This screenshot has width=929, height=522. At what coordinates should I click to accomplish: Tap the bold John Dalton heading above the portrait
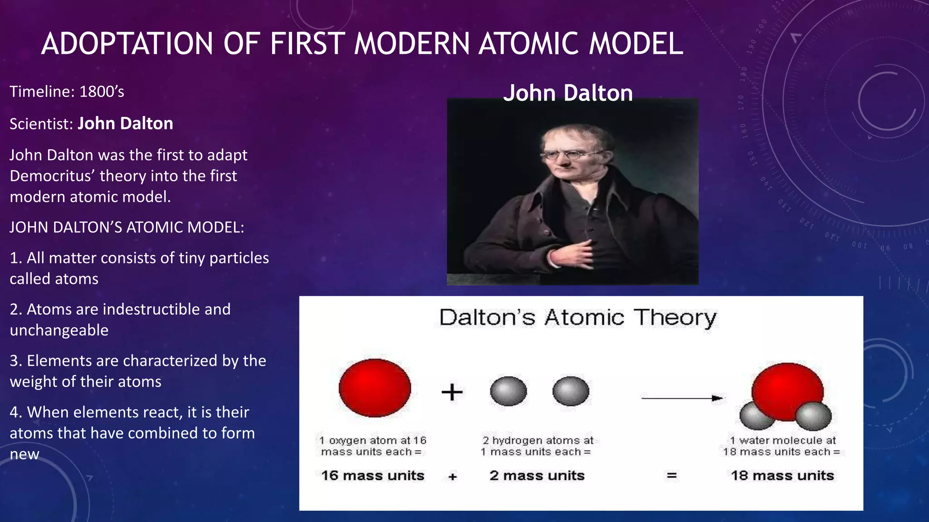(x=567, y=93)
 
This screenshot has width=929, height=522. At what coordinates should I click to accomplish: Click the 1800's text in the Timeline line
(x=102, y=92)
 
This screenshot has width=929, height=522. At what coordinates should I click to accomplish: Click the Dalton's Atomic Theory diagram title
(x=577, y=318)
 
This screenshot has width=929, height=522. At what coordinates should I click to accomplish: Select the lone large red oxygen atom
(x=375, y=388)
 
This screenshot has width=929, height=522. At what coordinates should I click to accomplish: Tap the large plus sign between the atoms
(x=452, y=392)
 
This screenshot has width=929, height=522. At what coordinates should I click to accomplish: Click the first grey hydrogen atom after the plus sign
(x=509, y=391)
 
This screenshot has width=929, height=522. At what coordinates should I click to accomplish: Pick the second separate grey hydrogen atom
(x=571, y=391)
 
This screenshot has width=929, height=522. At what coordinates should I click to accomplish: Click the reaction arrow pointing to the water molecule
(x=681, y=398)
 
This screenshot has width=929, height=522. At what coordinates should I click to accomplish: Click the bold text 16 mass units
(x=372, y=476)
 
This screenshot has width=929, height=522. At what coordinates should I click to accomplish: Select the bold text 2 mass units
(x=537, y=476)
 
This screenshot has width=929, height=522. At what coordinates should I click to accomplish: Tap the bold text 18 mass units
(x=782, y=476)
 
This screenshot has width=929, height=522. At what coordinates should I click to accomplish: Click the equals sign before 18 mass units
(x=672, y=476)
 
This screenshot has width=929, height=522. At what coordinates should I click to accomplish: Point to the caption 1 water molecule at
(x=782, y=440)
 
